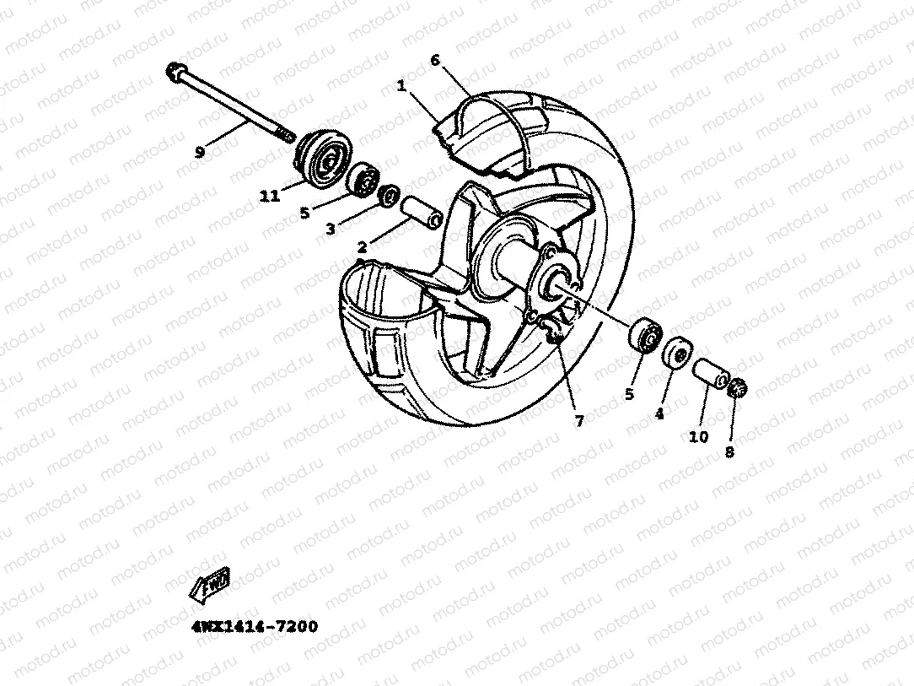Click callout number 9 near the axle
coord(200,153)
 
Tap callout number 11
coord(270,197)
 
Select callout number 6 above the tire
coord(435,60)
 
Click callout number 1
coord(402,86)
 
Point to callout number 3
coord(331,229)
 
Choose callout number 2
coord(362,247)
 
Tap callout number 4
coord(659,414)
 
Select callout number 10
coord(699,437)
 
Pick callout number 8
coord(729,451)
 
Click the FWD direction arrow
coord(211,585)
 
